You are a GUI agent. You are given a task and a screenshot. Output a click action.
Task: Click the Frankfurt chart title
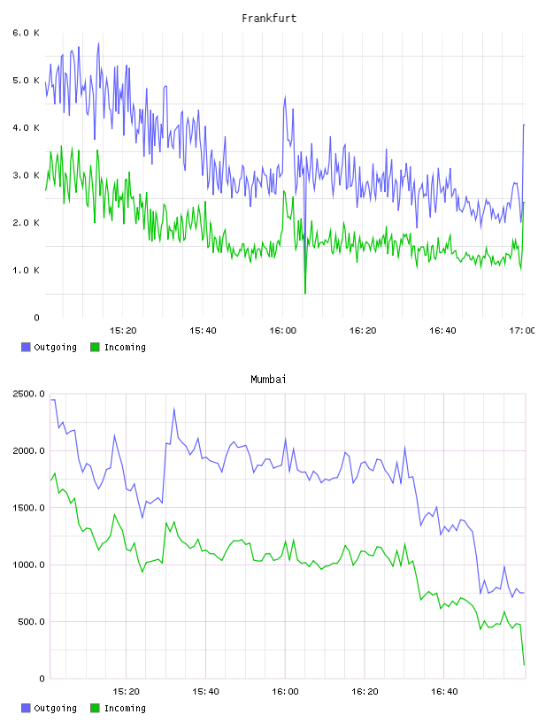click(269, 19)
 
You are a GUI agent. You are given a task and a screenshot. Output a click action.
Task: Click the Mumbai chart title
click(268, 380)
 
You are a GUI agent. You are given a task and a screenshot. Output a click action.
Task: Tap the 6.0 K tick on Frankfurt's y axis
click(27, 33)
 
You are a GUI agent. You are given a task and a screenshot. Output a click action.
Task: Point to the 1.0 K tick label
click(27, 270)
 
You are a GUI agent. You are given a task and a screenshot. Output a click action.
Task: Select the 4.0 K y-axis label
click(27, 127)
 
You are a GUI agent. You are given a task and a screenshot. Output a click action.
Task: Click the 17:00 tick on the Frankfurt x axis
click(522, 330)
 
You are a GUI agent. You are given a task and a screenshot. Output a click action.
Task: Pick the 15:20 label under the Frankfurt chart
click(123, 330)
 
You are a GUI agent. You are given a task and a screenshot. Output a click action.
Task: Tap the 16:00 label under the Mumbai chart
click(285, 691)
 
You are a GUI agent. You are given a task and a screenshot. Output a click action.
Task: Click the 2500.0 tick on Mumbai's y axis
click(28, 394)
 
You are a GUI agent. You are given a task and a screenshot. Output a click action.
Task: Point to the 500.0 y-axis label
click(31, 622)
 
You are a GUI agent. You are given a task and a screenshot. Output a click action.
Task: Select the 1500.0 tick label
click(28, 507)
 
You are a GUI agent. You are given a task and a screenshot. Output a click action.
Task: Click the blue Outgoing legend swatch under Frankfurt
click(26, 347)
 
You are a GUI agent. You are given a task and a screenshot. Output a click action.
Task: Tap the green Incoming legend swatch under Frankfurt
click(95, 347)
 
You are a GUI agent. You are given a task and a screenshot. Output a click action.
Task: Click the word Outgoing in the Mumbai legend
click(55, 708)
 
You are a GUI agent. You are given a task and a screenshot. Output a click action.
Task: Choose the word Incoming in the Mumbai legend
click(125, 708)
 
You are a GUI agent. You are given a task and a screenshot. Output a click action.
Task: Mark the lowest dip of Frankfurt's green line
click(305, 293)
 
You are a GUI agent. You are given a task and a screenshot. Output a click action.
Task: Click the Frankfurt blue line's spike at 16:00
click(285, 96)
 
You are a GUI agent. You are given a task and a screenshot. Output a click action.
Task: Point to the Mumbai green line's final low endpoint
click(524, 664)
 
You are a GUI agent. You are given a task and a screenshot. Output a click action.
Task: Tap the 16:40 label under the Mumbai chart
click(444, 691)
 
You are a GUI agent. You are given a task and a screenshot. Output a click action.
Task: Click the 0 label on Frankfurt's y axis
click(37, 318)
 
